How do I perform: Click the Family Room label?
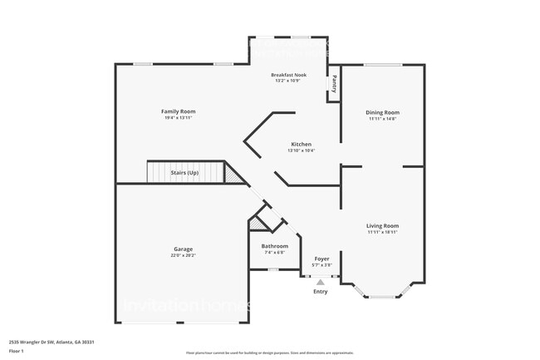pos(178,111)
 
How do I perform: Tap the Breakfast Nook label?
pos(289,76)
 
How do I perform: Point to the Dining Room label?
pos(383,112)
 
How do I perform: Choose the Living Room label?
pos(383,225)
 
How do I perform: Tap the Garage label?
pos(184,249)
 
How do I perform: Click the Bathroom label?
pos(275,246)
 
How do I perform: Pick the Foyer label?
pos(322,259)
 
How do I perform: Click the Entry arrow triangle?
pos(321,283)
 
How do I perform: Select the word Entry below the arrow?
pos(321,292)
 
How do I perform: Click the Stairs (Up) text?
pos(184,173)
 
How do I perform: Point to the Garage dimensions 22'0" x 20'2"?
pos(184,255)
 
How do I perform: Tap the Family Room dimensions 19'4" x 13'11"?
pos(178,118)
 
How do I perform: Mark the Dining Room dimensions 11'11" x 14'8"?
pos(383,119)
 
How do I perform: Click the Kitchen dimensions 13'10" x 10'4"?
pos(301,150)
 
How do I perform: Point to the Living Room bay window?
pos(383,293)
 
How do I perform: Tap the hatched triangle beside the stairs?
pos(236,175)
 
